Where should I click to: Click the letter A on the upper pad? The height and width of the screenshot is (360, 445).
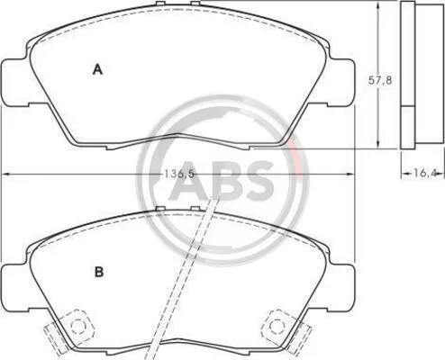coord(97,69)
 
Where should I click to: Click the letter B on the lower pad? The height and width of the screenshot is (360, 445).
coord(99,272)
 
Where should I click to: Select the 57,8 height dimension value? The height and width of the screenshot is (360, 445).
coord(380,80)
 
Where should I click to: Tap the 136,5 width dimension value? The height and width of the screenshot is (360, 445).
coord(179,174)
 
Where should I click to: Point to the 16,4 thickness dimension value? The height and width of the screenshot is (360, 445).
coord(424,173)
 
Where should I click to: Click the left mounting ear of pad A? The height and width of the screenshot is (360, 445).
coord(15,83)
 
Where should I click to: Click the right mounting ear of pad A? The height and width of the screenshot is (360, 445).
coord(341,83)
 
